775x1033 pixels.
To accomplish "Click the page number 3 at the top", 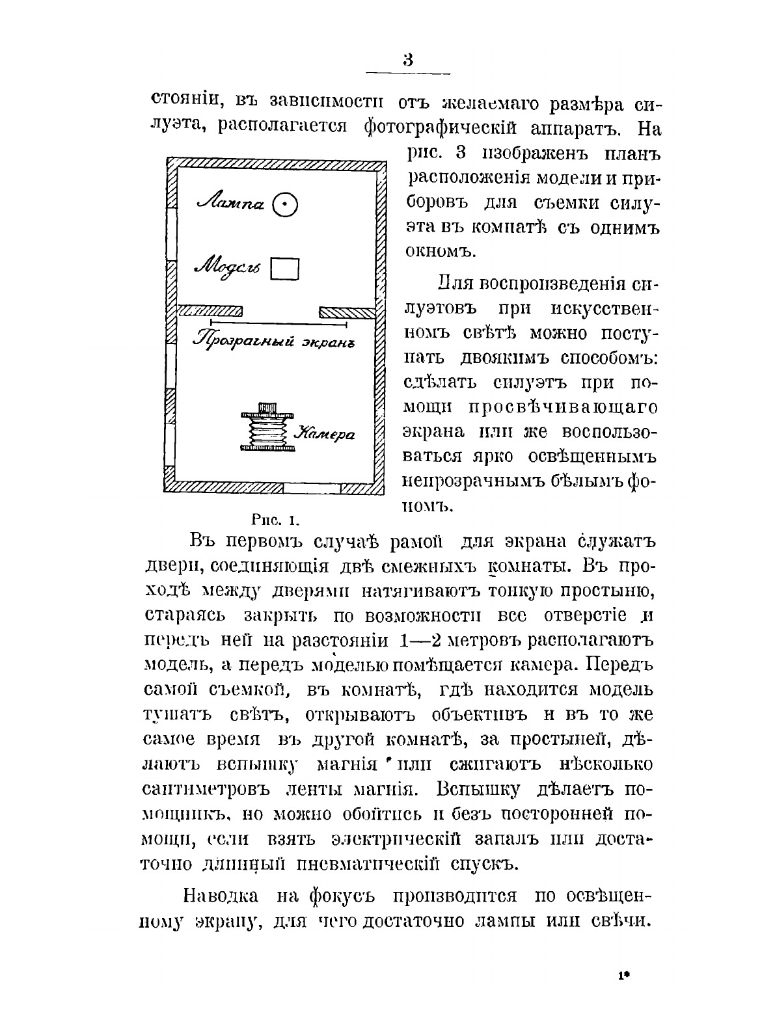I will coord(408,60).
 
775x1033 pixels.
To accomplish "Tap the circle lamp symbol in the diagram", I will coord(284,205).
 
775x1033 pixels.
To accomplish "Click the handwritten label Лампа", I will coord(231,204).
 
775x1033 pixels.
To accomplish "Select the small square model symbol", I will coord(284,268).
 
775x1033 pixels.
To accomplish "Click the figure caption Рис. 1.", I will coord(274,520).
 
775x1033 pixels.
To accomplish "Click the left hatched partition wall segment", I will coord(210,310).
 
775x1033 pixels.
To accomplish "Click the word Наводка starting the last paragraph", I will coord(221,896).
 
